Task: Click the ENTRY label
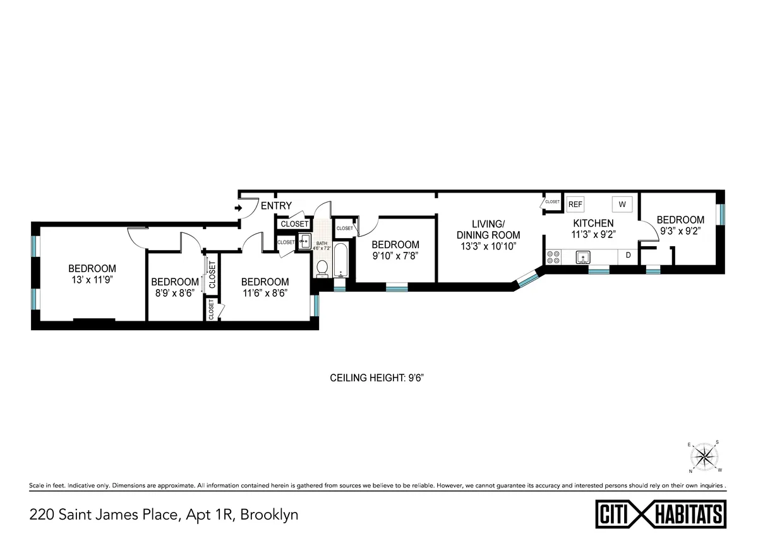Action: (276, 206)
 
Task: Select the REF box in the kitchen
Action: (575, 204)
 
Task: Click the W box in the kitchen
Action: (622, 205)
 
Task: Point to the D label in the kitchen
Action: (628, 256)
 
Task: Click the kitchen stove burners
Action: (553, 257)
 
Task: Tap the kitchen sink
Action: (582, 257)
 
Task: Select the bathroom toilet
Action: (322, 268)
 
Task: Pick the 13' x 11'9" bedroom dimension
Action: (92, 279)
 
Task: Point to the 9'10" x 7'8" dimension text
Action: (395, 256)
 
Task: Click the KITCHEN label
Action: (593, 223)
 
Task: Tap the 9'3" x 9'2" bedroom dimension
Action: (680, 230)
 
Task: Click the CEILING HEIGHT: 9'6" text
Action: (381, 378)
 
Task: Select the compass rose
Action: (705, 456)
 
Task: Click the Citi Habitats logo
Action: (661, 512)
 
